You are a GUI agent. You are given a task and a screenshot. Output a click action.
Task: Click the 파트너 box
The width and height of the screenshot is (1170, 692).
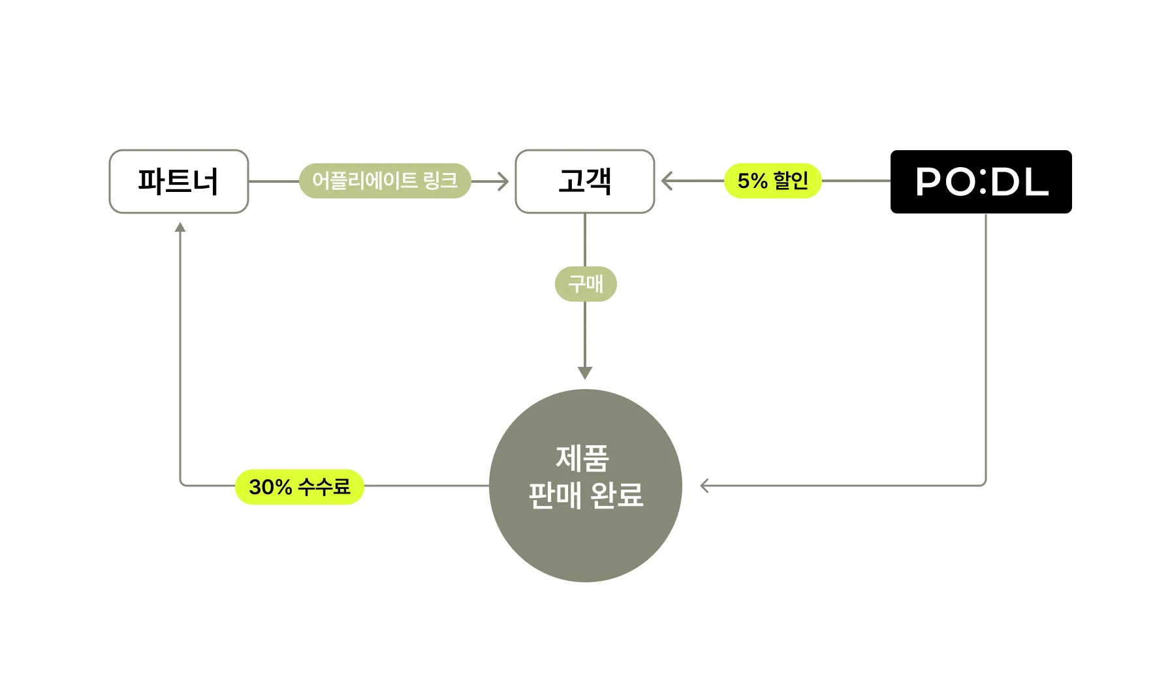(178, 181)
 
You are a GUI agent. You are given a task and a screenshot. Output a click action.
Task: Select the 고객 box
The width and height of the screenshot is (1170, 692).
(584, 181)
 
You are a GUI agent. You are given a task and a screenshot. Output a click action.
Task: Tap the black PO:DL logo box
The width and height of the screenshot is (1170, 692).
(981, 181)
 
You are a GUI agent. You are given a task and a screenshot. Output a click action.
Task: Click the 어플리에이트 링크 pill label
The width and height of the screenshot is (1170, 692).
(385, 181)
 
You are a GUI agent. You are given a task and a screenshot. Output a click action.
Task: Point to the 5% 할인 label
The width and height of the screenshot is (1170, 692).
(772, 181)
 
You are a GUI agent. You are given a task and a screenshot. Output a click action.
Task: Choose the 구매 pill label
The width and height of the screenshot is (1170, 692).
(586, 284)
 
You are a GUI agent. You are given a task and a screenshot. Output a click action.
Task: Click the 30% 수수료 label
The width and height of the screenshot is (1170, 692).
(299, 487)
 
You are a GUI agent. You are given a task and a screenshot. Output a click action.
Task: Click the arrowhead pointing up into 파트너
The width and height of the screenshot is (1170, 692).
(180, 227)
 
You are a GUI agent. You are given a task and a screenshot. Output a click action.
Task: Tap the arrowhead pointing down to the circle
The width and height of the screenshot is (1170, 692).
(585, 373)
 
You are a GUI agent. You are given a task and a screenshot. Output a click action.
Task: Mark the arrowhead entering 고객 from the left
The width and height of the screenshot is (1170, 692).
(503, 181)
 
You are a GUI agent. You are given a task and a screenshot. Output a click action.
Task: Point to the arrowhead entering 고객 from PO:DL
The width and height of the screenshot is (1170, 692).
(667, 181)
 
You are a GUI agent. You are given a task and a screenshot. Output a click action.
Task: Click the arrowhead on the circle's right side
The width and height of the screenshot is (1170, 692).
(704, 486)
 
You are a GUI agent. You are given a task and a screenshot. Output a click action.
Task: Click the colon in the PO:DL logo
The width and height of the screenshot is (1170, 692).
(982, 182)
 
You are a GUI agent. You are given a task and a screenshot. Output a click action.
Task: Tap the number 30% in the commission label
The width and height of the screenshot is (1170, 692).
(270, 487)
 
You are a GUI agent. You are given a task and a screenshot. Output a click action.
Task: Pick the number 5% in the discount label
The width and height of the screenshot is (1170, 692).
(752, 181)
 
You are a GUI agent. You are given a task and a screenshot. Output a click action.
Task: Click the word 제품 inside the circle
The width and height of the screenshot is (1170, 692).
(582, 458)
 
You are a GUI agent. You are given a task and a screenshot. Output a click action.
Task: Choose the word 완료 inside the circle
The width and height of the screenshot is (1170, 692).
(616, 495)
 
